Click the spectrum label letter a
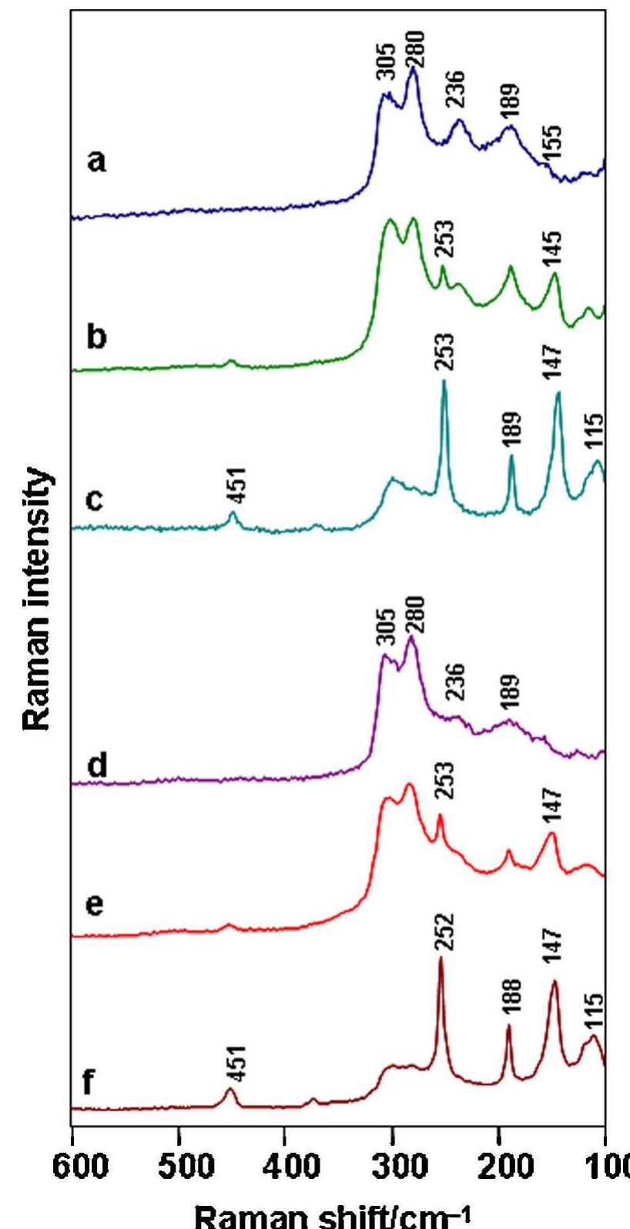[x=96, y=162]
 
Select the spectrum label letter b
[x=96, y=337]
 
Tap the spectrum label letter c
[x=93, y=501]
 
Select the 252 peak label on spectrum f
[x=443, y=933]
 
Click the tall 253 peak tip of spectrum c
[x=444, y=381]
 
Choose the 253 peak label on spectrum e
[x=444, y=782]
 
